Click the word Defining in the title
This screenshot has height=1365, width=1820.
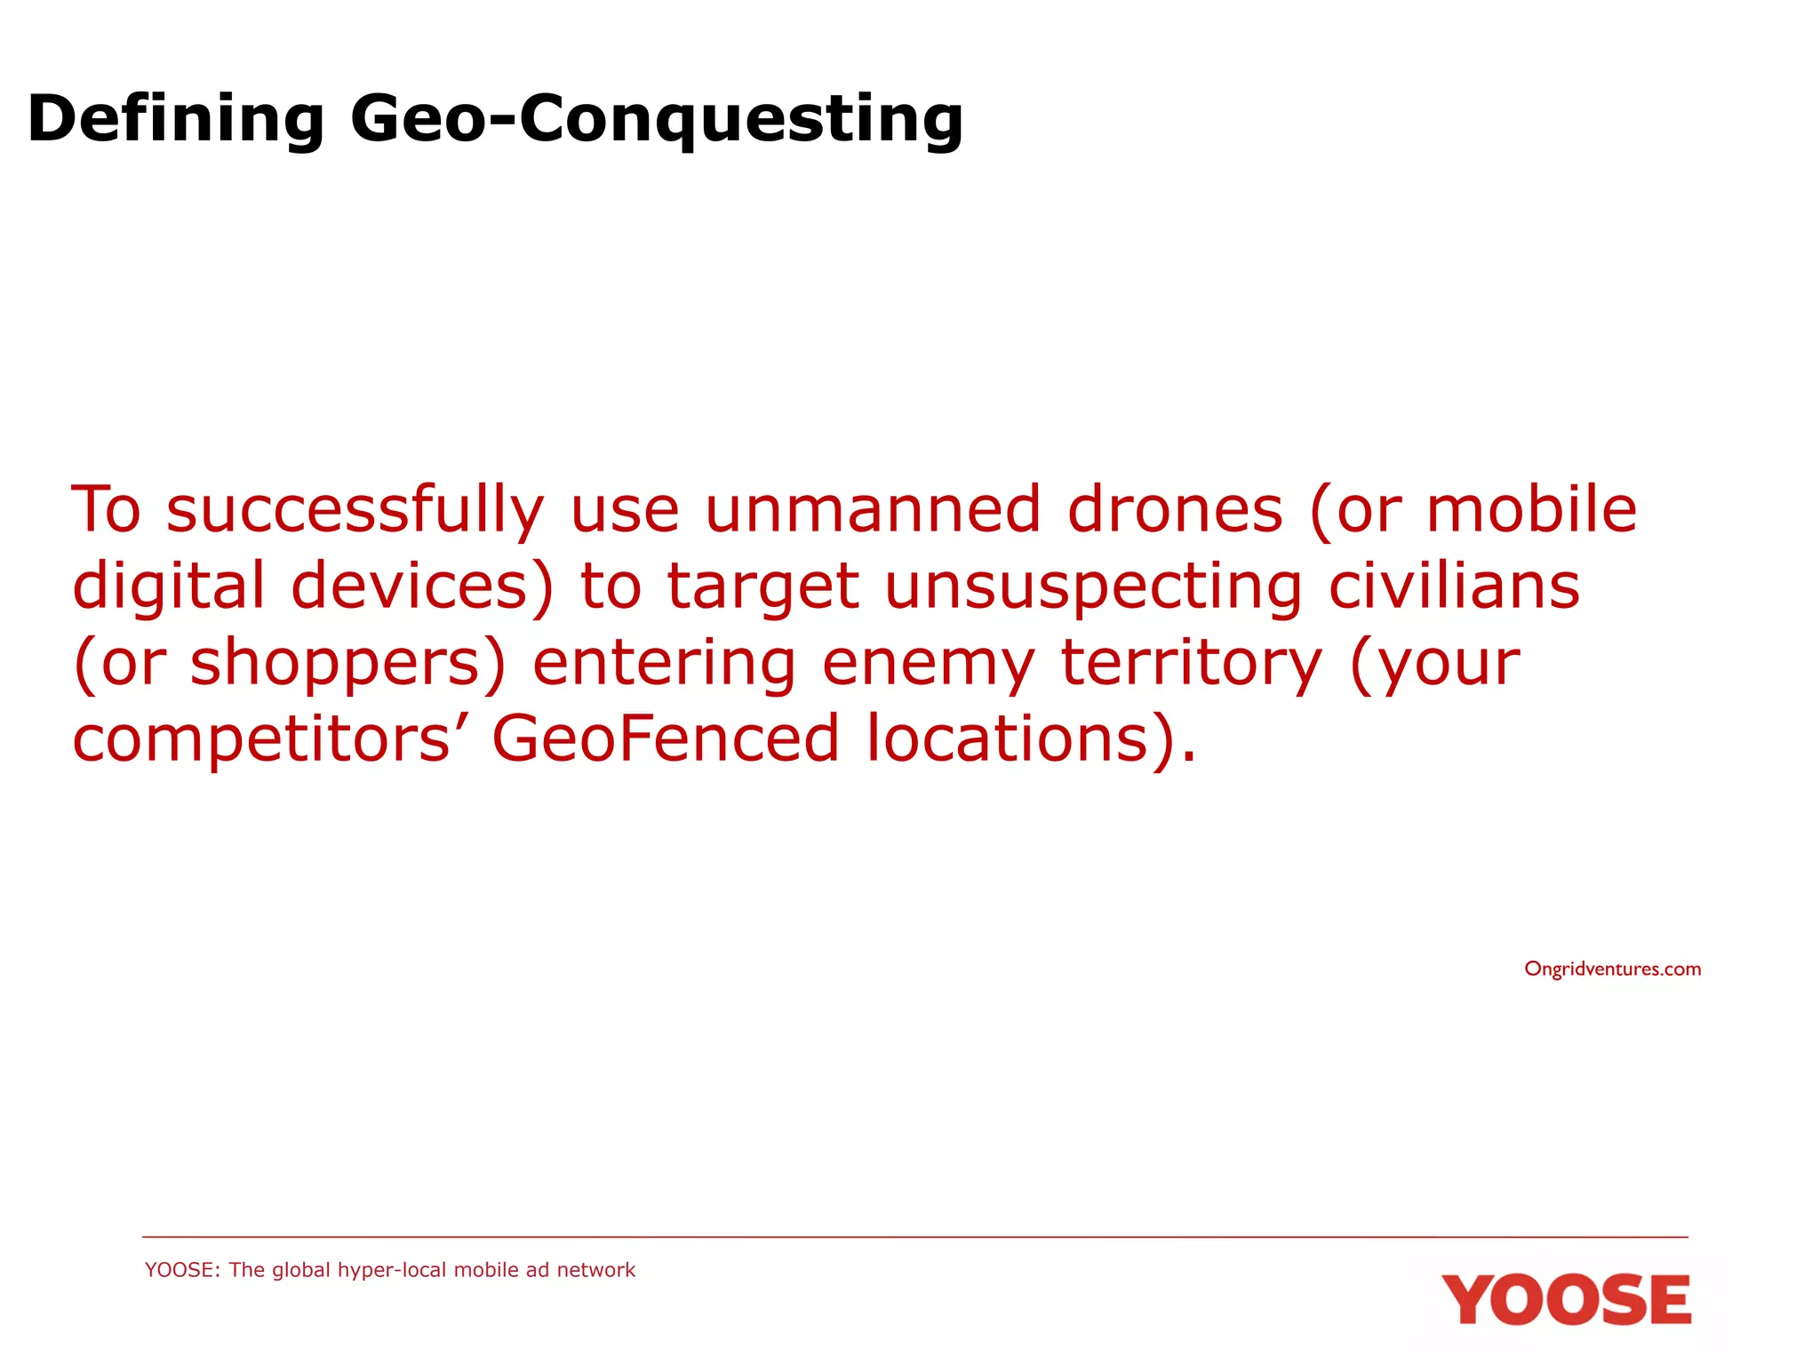pyautogui.click(x=176, y=120)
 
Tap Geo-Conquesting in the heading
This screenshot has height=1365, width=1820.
pyautogui.click(x=657, y=120)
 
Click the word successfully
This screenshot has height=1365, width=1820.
pyautogui.click(x=355, y=510)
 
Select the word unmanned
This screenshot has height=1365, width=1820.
pyautogui.click(x=872, y=510)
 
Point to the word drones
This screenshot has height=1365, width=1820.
pyautogui.click(x=1175, y=510)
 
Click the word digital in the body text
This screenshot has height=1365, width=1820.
pyautogui.click(x=169, y=587)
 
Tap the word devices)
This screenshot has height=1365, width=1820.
pyautogui.click(x=422, y=587)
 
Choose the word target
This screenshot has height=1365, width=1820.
pyautogui.click(x=762, y=588)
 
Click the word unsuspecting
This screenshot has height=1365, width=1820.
pyautogui.click(x=1093, y=588)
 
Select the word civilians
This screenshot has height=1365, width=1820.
pyautogui.click(x=1454, y=587)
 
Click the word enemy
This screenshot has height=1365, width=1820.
pyautogui.click(x=928, y=665)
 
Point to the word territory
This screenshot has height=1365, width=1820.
pyautogui.click(x=1192, y=665)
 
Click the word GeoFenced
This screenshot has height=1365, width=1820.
pyautogui.click(x=666, y=739)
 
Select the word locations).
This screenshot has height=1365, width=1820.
pyautogui.click(x=1031, y=739)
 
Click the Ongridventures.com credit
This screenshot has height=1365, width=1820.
pyautogui.click(x=1612, y=969)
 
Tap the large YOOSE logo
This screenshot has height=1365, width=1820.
pyautogui.click(x=1566, y=1300)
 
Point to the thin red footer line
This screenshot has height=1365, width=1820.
pyautogui.click(x=914, y=1237)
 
